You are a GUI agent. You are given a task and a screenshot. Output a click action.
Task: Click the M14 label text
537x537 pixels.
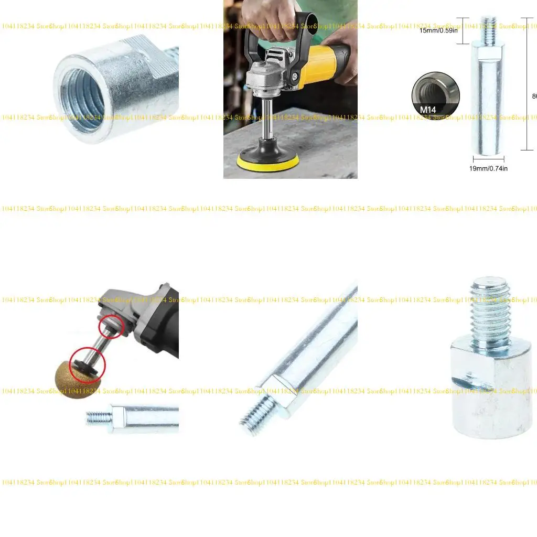428,110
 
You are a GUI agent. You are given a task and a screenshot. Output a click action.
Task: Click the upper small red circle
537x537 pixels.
111,327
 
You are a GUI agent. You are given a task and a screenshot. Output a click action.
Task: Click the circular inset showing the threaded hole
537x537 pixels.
435,94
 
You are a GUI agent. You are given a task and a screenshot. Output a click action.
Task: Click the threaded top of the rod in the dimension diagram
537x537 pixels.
489,29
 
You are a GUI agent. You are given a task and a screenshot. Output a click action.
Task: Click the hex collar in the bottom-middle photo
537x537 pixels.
278,396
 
